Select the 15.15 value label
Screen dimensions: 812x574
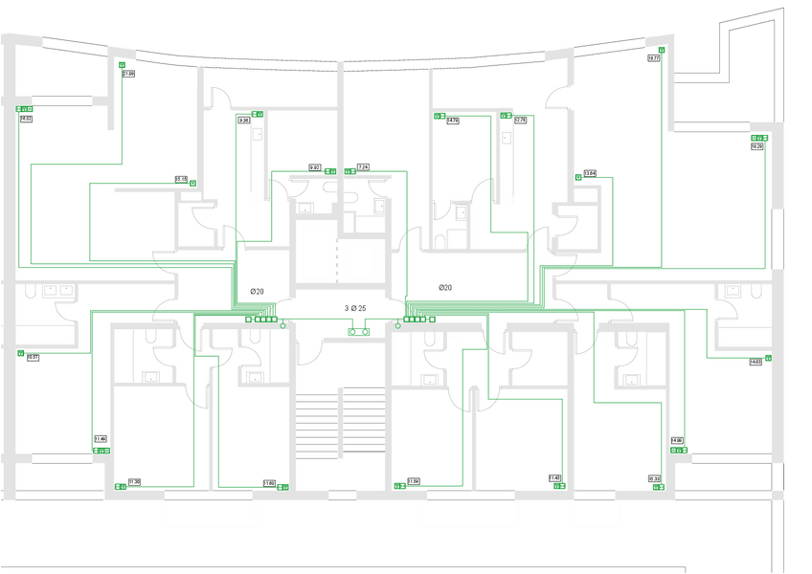click(x=181, y=179)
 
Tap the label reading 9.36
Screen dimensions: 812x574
click(x=244, y=121)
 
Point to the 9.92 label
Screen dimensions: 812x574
click(x=314, y=167)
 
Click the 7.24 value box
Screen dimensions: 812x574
click(x=363, y=167)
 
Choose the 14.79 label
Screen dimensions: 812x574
click(x=453, y=121)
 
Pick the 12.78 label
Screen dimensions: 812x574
click(x=520, y=121)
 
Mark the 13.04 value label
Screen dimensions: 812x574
click(x=590, y=173)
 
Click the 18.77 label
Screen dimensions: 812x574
click(x=654, y=58)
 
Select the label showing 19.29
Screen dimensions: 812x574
click(x=756, y=146)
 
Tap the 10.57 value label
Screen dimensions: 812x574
click(x=34, y=357)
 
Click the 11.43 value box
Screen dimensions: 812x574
click(x=554, y=477)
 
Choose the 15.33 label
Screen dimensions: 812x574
click(x=654, y=478)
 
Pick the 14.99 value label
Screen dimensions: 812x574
click(x=677, y=440)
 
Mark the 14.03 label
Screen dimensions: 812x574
click(x=756, y=362)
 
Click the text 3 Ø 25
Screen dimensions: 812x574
click(x=355, y=308)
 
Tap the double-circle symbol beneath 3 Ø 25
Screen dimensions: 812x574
click(x=359, y=332)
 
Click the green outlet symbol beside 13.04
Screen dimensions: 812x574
click(x=578, y=178)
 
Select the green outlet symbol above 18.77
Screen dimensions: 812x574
click(x=662, y=49)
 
